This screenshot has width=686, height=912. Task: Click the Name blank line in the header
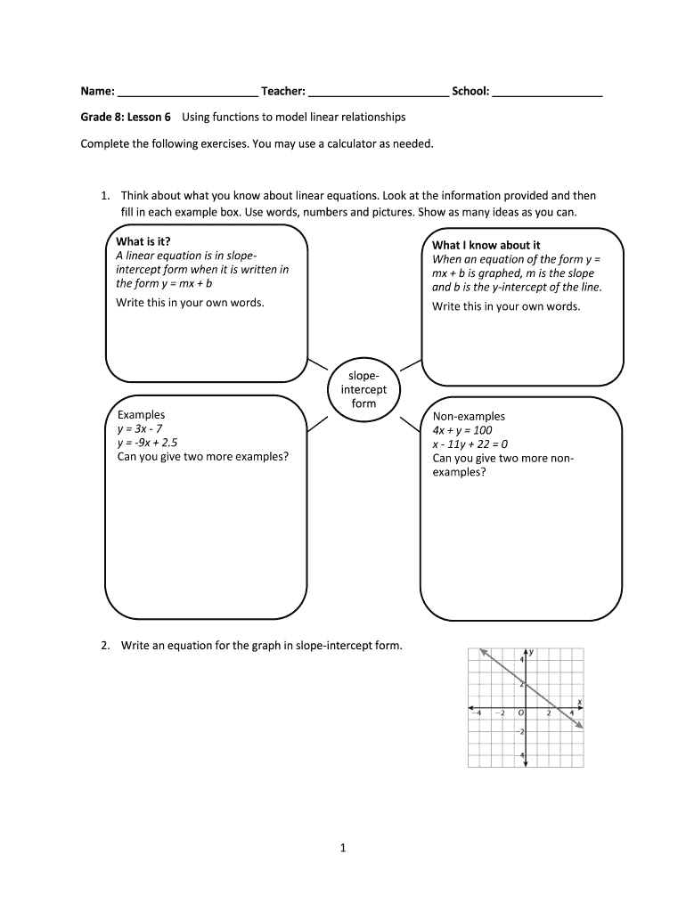pos(187,92)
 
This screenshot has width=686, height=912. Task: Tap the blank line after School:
pos(547,92)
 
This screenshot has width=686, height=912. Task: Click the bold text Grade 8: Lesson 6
pos(126,117)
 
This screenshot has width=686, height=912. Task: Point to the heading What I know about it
pos(486,245)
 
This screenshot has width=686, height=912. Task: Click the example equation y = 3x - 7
pos(140,428)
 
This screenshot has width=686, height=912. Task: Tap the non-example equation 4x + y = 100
pos(461,430)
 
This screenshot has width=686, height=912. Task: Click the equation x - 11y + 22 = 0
pos(470,444)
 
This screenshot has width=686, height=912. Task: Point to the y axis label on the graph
pos(532,652)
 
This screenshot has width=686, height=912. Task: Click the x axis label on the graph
pos(579,702)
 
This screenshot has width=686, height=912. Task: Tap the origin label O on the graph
pos(519,713)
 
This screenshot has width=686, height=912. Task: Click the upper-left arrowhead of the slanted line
pos(483,651)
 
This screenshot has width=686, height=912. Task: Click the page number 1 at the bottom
pos(342,849)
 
